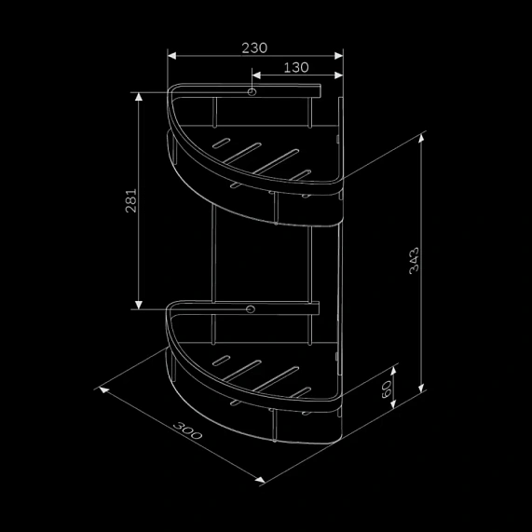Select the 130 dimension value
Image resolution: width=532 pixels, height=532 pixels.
[294, 67]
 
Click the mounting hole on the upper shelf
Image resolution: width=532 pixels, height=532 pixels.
[252, 93]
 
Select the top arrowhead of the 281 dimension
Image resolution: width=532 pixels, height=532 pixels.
[139, 95]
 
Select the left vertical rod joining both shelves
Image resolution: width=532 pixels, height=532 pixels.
[215, 252]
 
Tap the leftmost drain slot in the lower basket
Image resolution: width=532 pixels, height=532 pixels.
[223, 358]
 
